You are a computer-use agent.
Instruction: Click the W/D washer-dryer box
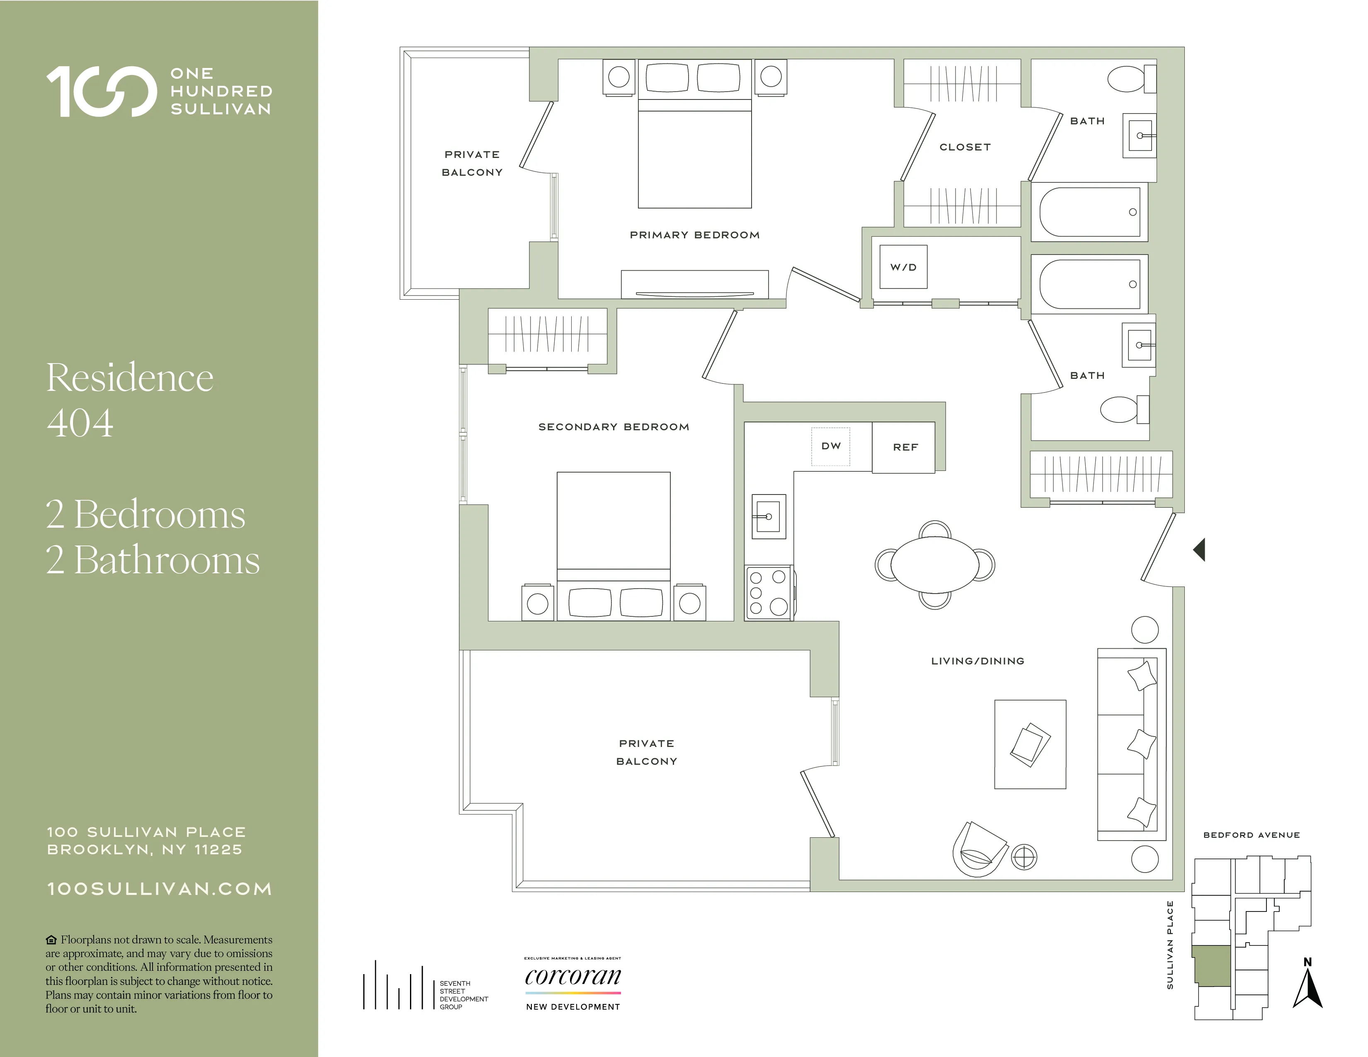point(902,267)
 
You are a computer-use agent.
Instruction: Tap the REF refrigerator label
point(905,447)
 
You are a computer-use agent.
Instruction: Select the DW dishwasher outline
point(831,446)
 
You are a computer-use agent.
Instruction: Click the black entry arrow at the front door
point(1199,550)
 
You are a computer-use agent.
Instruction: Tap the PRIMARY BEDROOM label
point(694,235)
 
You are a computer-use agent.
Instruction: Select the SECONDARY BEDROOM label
point(613,427)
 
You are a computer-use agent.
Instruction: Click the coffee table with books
point(1030,744)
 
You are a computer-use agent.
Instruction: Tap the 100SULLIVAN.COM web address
point(160,889)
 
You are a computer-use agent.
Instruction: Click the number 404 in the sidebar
point(80,423)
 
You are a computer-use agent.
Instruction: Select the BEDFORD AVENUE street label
point(1251,835)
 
